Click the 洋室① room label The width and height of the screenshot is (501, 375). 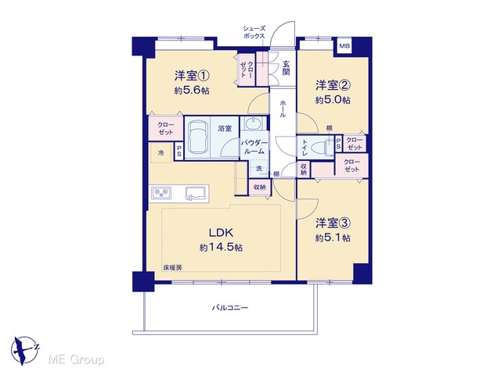pos(192,77)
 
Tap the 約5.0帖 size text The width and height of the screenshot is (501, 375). pos(333,100)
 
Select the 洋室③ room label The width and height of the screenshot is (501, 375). pos(333,223)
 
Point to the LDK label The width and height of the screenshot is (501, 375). pos(221,233)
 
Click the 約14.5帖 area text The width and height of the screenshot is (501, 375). pos(221,247)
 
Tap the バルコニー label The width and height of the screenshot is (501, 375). pos(230,308)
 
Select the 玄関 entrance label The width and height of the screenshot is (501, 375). pos(286,68)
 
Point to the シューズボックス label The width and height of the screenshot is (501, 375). pos(254,32)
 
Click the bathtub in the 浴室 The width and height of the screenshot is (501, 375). pos(197,137)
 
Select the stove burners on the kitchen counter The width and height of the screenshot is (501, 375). pos(161,193)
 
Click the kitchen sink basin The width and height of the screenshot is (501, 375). pos(196,193)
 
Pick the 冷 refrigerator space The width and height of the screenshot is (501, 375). pos(161,153)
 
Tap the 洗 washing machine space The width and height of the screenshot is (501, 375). pos(259,168)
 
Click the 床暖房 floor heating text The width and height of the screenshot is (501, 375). pos(173,268)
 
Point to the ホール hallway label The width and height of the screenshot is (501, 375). pos(283,109)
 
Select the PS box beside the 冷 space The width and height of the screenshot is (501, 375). pos(179,151)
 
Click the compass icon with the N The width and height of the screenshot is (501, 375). pos(24,350)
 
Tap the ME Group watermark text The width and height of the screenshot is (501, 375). pos(76,359)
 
